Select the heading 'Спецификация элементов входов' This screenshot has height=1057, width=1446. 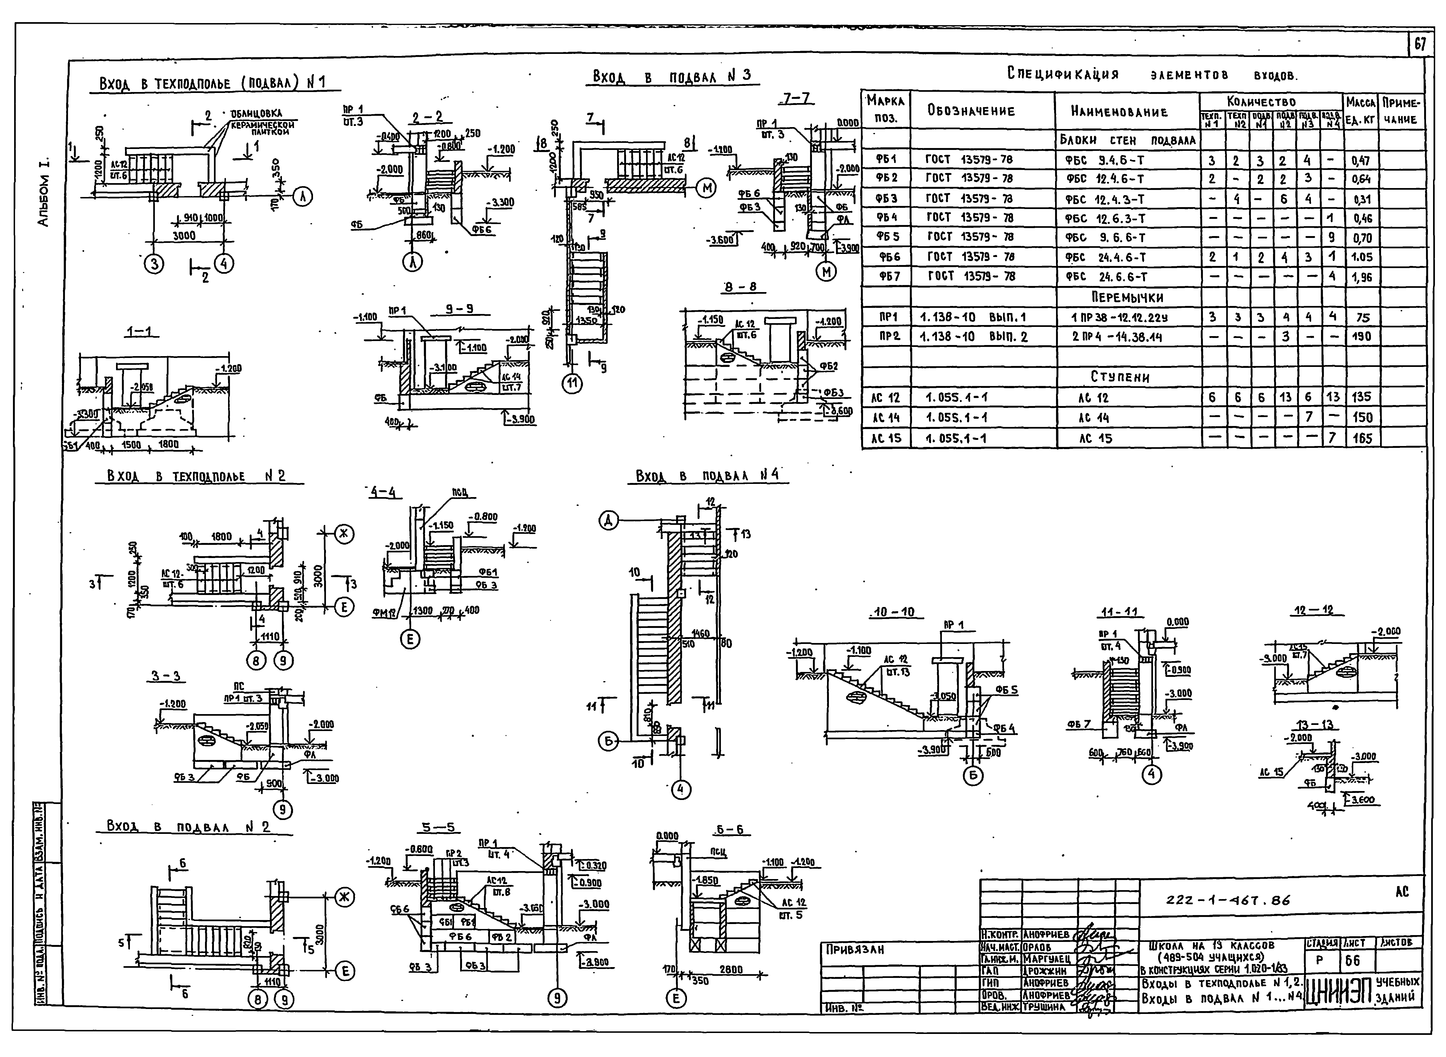[1152, 74]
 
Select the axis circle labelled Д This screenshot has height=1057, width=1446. [608, 522]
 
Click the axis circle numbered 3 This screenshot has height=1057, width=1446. [153, 264]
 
